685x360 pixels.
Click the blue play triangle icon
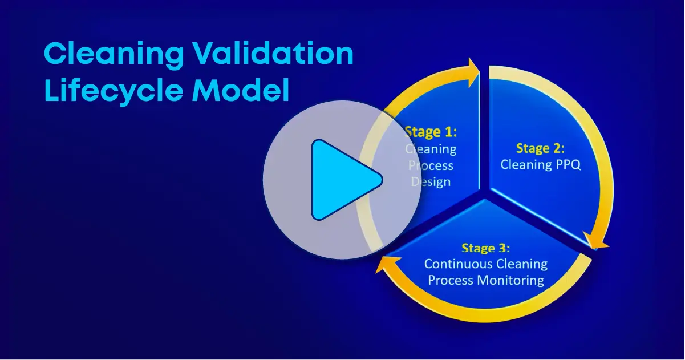(x=342, y=180)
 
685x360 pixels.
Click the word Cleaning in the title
(x=114, y=54)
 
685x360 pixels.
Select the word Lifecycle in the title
(x=114, y=91)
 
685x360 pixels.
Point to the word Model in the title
(x=240, y=90)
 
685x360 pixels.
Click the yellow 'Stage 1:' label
(x=431, y=132)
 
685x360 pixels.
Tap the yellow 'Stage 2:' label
(x=540, y=148)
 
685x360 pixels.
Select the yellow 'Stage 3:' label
(x=485, y=248)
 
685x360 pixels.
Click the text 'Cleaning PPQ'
(x=540, y=164)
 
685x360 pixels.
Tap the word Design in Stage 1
(x=431, y=181)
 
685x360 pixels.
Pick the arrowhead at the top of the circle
(x=474, y=72)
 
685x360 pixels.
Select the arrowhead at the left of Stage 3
(x=387, y=264)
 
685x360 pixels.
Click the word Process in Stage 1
(x=431, y=165)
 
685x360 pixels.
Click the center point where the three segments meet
(x=484, y=193)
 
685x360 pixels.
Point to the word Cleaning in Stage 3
(x=521, y=264)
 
